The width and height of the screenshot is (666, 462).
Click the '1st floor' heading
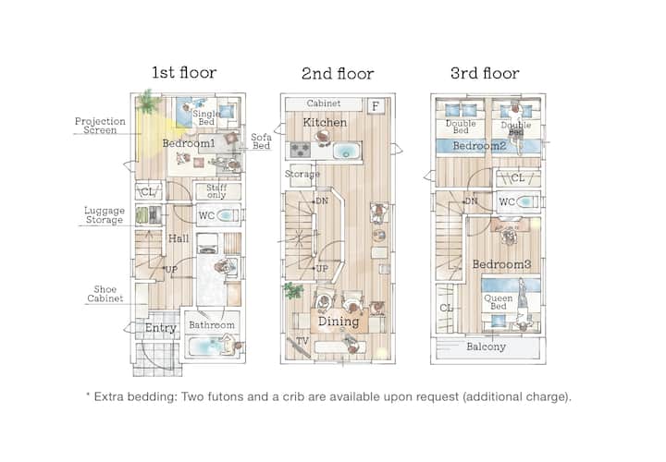[184, 73]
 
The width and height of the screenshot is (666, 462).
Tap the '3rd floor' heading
[485, 73]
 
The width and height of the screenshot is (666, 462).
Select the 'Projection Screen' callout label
[100, 126]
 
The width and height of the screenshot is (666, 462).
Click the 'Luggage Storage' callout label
[105, 215]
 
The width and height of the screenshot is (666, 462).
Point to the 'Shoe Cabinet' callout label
[105, 294]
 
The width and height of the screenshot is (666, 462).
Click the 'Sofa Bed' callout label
[261, 141]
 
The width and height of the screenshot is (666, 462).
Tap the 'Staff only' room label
[216, 191]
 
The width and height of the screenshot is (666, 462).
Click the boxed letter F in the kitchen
[376, 106]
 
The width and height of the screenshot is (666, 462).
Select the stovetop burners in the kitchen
[301, 150]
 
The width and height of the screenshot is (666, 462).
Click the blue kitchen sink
[347, 151]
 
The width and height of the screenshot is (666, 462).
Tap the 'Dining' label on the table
[339, 322]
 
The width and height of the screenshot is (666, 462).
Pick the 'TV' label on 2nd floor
[302, 341]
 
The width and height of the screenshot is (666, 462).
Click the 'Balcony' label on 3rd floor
[486, 346]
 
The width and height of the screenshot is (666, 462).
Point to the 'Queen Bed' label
[499, 302]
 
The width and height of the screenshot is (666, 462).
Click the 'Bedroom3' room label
[501, 264]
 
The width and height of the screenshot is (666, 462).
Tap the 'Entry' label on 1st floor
[161, 328]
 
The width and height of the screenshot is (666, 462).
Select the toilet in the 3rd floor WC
[524, 202]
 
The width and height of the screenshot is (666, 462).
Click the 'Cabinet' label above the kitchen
[324, 103]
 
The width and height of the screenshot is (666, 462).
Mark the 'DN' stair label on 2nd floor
[322, 201]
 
